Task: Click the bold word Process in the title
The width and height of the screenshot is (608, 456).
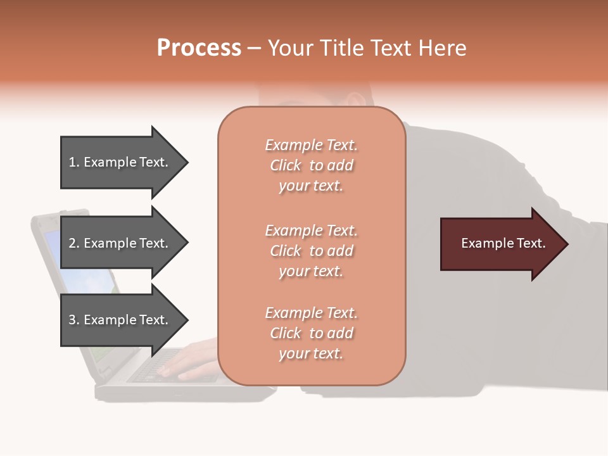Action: (199, 48)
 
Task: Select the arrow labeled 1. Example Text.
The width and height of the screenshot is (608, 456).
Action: (120, 162)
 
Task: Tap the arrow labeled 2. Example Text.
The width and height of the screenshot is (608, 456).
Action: (120, 243)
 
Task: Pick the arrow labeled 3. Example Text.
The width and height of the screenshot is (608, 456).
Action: (120, 320)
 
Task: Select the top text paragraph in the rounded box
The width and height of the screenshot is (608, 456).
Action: (311, 165)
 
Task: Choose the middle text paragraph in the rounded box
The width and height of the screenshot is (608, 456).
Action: (311, 251)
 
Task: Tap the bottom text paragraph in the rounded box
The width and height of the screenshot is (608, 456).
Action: (311, 333)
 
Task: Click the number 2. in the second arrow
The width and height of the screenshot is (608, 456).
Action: (74, 243)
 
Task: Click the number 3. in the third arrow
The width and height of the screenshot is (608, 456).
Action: (74, 320)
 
